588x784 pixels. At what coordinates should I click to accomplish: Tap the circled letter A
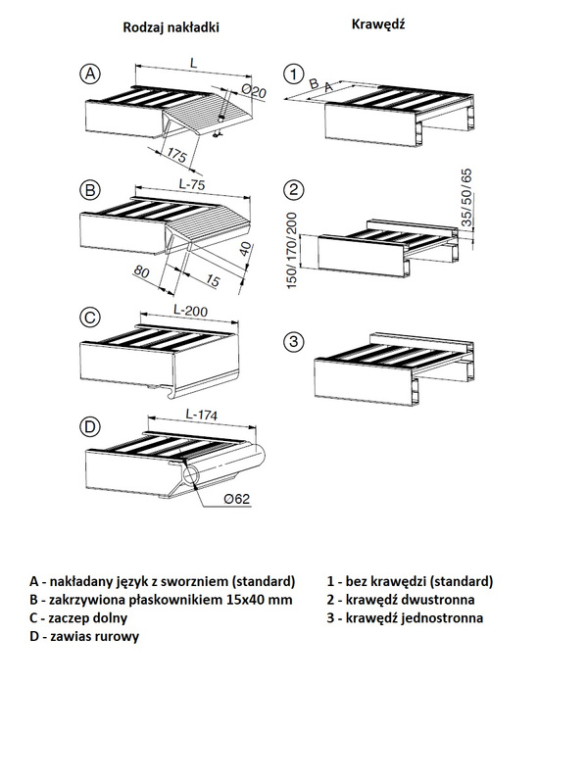[90, 73]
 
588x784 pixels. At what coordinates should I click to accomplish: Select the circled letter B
[90, 188]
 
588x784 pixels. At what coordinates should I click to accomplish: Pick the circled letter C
[89, 317]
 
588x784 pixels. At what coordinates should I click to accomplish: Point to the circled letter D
[89, 426]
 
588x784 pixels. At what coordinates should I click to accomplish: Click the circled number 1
[291, 73]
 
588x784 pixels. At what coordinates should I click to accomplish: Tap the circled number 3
[291, 341]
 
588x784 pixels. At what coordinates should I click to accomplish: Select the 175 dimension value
[177, 156]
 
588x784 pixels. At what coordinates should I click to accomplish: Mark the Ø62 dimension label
[238, 500]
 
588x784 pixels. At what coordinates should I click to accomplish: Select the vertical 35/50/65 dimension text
[465, 199]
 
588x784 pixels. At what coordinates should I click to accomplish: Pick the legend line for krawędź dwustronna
[401, 599]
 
